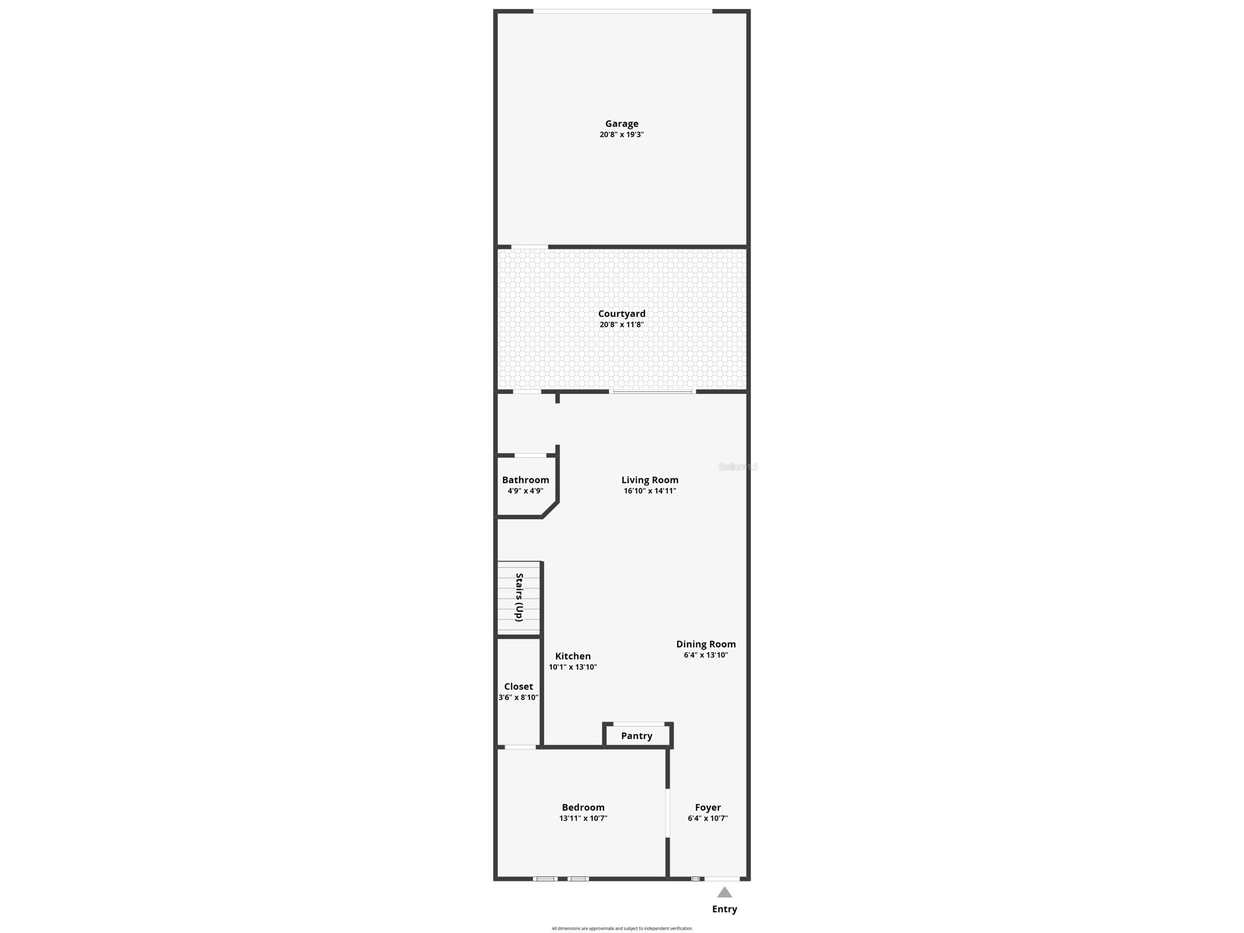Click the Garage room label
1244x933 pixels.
click(x=622, y=124)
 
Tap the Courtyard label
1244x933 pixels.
click(x=622, y=314)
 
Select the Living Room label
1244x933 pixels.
click(x=650, y=480)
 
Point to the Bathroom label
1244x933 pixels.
click(x=525, y=480)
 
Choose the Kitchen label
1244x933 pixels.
click(x=572, y=656)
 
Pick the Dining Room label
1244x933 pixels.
click(x=706, y=644)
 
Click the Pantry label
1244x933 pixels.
click(x=637, y=736)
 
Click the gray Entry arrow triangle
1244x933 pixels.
click(x=724, y=892)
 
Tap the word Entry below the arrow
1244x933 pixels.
click(x=724, y=909)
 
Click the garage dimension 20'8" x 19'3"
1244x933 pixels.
click(x=622, y=135)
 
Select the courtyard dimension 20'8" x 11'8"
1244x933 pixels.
click(x=622, y=324)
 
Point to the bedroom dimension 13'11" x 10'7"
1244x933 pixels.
click(x=583, y=818)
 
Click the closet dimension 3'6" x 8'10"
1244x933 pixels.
click(x=518, y=697)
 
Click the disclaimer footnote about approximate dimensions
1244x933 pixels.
click(x=622, y=929)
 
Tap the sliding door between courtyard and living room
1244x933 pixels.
click(x=652, y=391)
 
